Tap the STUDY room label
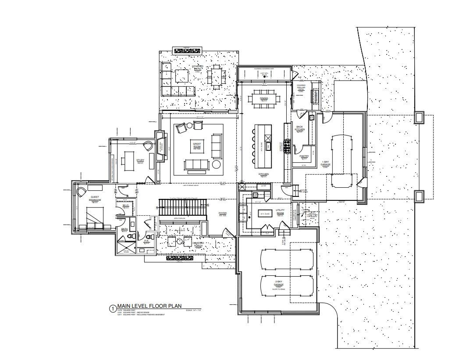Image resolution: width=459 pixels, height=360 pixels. coord(140,161)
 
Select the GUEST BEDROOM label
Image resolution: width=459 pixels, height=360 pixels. coord(95,199)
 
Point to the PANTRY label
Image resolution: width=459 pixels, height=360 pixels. coord(304,157)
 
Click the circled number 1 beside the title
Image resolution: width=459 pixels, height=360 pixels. coord(112,308)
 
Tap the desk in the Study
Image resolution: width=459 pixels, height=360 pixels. coord(129,161)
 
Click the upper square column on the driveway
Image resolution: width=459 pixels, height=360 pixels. coord(419,117)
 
